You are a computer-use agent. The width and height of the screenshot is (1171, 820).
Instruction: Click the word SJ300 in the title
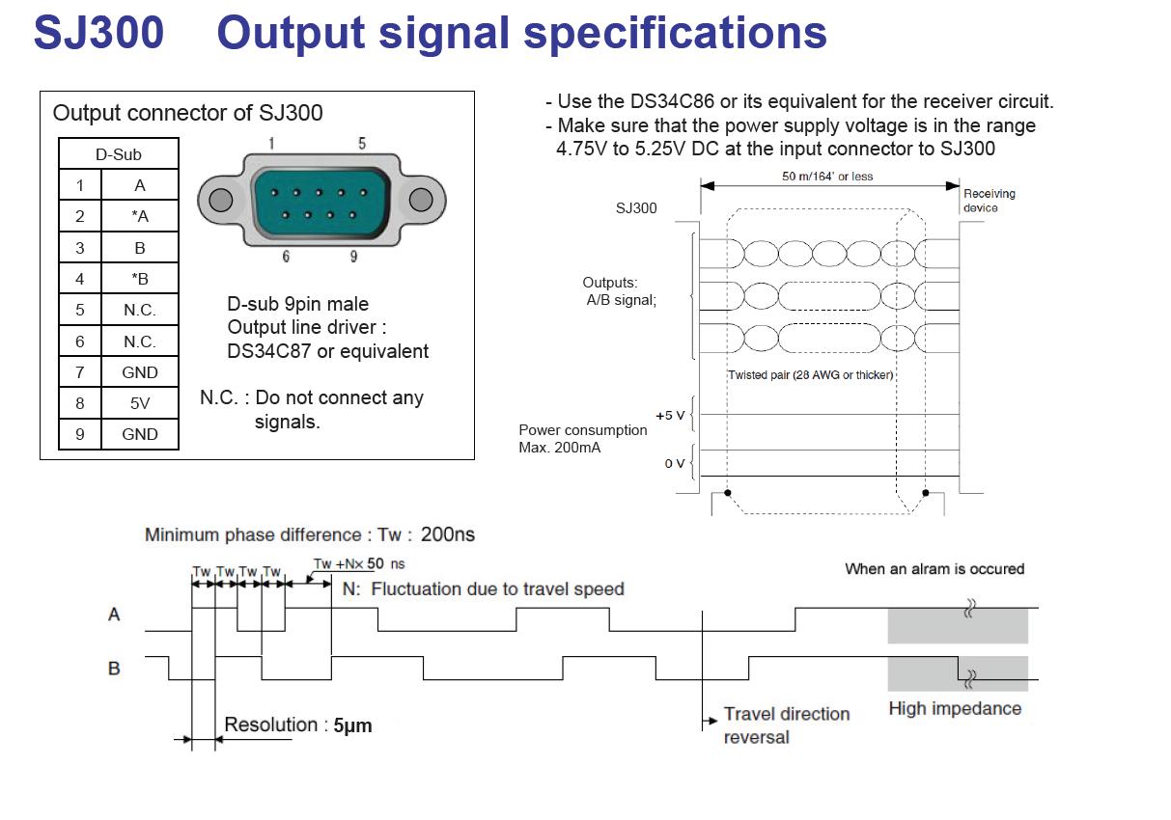pos(98,33)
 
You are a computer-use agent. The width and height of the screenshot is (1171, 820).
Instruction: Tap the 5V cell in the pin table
pos(140,403)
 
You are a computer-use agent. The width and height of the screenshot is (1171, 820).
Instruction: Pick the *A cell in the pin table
pos(140,217)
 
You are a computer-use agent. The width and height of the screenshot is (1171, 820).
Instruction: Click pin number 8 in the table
pos(80,403)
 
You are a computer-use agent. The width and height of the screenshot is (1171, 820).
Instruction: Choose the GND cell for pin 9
pos(140,434)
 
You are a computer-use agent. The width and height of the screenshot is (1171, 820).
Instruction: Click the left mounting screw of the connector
pos(221,200)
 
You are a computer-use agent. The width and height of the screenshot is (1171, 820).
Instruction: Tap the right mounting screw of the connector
pos(421,200)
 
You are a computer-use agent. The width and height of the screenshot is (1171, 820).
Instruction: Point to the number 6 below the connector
pos(287,257)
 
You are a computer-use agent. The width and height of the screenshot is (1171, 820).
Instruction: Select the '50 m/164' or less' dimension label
pos(827,176)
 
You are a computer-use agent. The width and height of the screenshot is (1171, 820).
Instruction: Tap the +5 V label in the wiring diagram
pos(670,415)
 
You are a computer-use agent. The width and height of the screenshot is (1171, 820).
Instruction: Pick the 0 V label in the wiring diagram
pos(674,464)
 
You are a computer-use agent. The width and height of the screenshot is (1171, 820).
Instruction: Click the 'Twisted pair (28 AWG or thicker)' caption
pos(811,374)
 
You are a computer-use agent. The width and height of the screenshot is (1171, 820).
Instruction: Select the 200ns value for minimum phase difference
pos(448,533)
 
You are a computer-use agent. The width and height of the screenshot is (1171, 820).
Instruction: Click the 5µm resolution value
pos(352,725)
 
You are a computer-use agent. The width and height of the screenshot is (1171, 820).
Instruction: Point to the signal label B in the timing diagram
pos(114,668)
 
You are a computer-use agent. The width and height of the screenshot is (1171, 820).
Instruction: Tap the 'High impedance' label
pos(954,708)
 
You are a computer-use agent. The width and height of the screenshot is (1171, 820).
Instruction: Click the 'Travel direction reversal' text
pos(786,725)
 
